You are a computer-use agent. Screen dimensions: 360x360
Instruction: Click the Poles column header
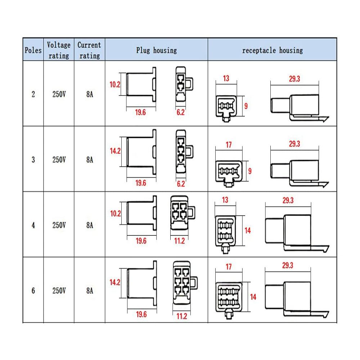pyautogui.click(x=33, y=50)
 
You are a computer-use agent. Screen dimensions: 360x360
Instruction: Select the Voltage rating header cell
pyautogui.click(x=59, y=50)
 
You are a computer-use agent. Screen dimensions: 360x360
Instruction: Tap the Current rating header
pyautogui.click(x=89, y=50)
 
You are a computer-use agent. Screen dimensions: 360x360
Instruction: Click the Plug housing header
pyautogui.click(x=157, y=50)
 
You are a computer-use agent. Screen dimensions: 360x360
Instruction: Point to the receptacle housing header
pyautogui.click(x=273, y=50)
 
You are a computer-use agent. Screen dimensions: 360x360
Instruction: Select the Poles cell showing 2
pyautogui.click(x=33, y=94)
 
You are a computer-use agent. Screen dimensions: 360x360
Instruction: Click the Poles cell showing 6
pyautogui.click(x=33, y=291)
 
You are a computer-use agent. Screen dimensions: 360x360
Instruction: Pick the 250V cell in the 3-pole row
pyautogui.click(x=59, y=159)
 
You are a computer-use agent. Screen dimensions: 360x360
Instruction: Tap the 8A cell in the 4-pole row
pyautogui.click(x=90, y=225)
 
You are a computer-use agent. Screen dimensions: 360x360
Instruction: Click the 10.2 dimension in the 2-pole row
pyautogui.click(x=115, y=85)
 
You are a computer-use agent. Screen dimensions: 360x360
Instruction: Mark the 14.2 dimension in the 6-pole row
pyautogui.click(x=115, y=282)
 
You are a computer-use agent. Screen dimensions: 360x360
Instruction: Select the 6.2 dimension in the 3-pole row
pyautogui.click(x=181, y=184)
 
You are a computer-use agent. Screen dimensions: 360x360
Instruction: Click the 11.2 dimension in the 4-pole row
pyautogui.click(x=179, y=241)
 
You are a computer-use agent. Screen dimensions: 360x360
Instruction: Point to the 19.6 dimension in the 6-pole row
pyautogui.click(x=141, y=314)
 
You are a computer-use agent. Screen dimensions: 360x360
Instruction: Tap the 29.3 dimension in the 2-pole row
pyautogui.click(x=294, y=79)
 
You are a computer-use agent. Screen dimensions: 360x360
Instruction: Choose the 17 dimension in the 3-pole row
pyautogui.click(x=229, y=145)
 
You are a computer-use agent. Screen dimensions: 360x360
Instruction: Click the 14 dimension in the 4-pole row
pyautogui.click(x=248, y=230)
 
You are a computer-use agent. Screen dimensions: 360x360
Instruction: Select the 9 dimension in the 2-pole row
pyautogui.click(x=246, y=106)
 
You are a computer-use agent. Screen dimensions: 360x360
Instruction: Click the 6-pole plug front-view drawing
pyautogui.click(x=185, y=283)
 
